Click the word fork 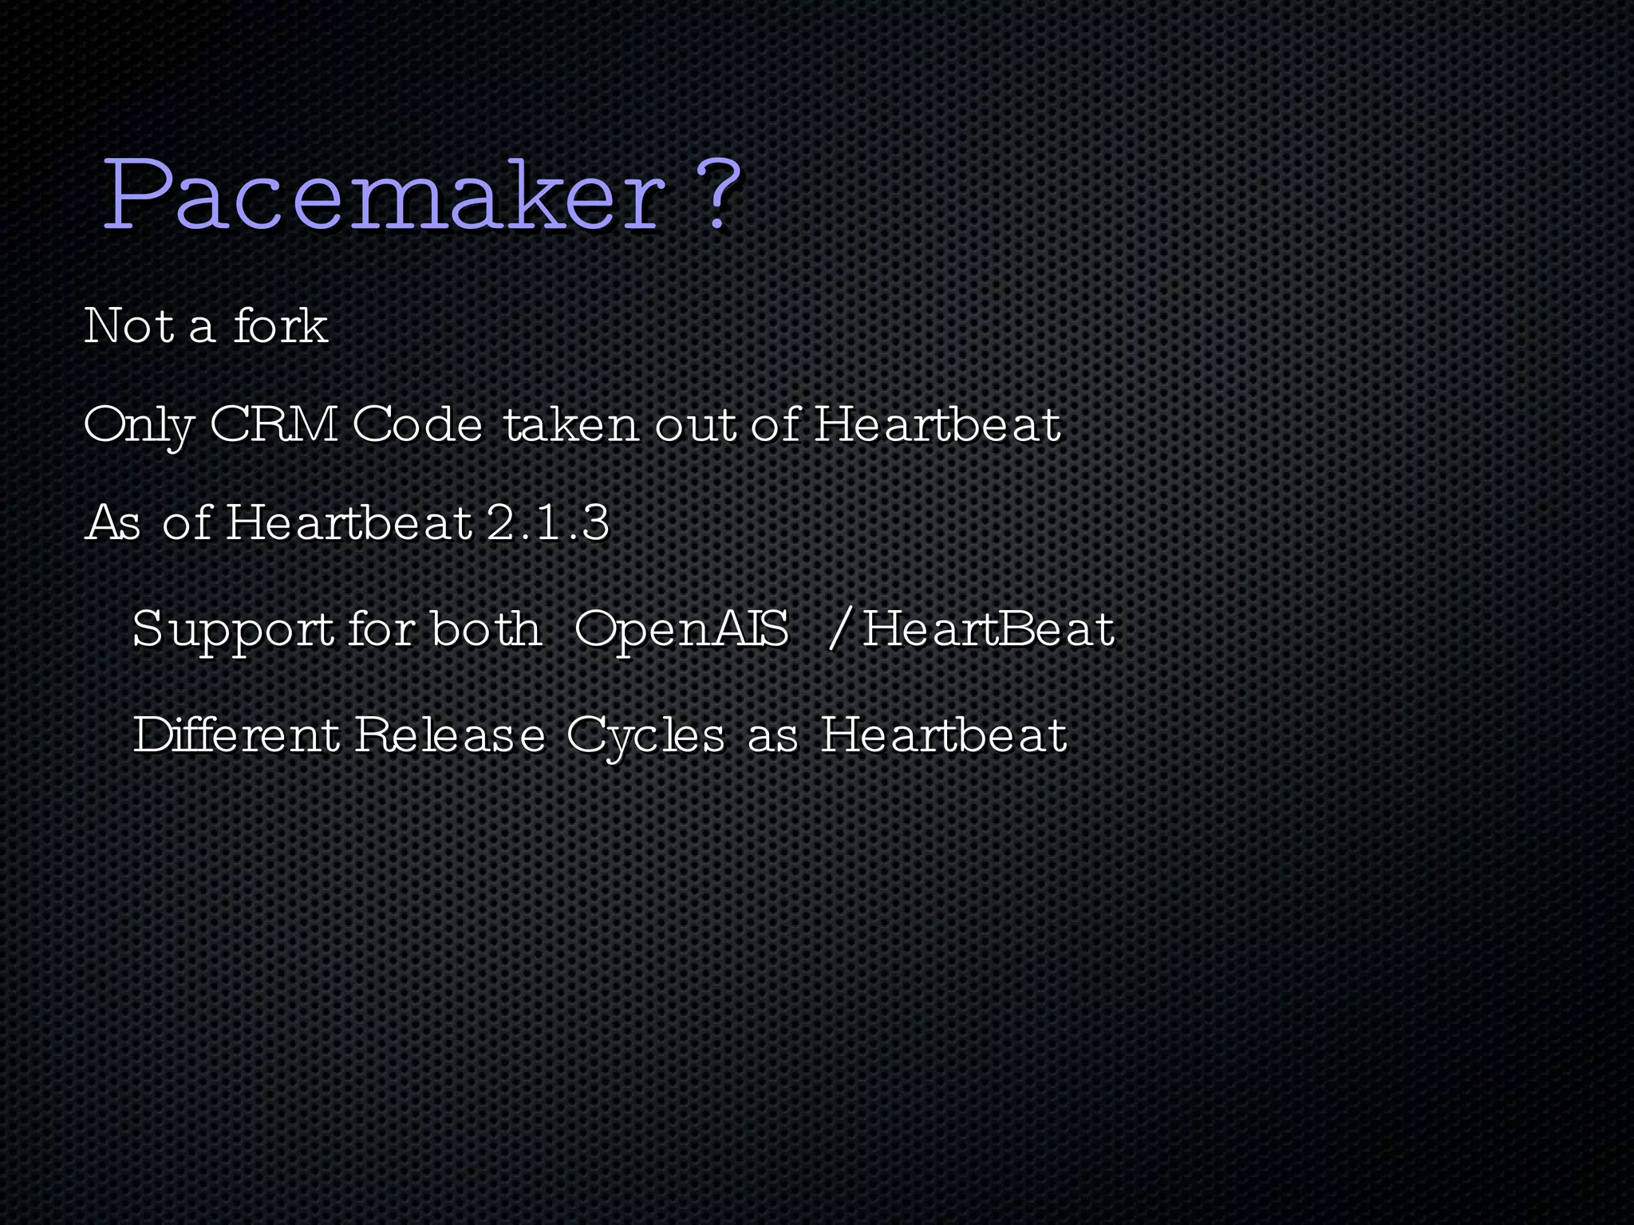pos(280,325)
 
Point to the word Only pos(138,424)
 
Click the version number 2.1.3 pos(547,523)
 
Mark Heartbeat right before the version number pos(349,523)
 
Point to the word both pos(486,628)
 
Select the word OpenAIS pos(681,630)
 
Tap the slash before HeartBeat pos(837,628)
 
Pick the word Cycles pos(645,735)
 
